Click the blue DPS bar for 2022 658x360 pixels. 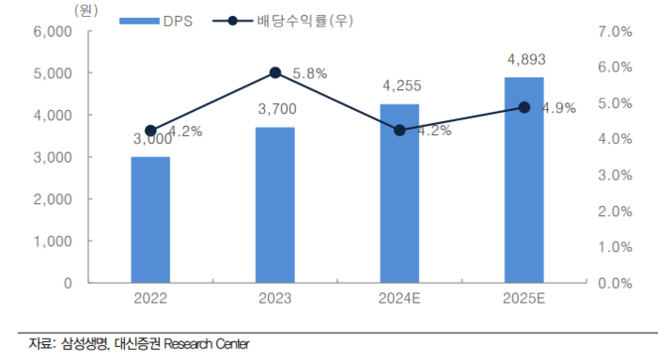pos(150,219)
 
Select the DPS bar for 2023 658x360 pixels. pos(274,205)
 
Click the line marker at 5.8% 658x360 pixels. pos(275,72)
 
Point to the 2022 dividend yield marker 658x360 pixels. pos(150,131)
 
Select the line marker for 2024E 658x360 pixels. pos(399,131)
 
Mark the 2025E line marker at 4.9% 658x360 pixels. pos(525,107)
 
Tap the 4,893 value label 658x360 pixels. pos(525,60)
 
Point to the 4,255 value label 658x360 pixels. pos(399,86)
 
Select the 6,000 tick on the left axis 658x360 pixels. pos(53,31)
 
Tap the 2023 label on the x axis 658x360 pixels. pos(275,299)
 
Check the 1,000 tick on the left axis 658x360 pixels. pos(53,241)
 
